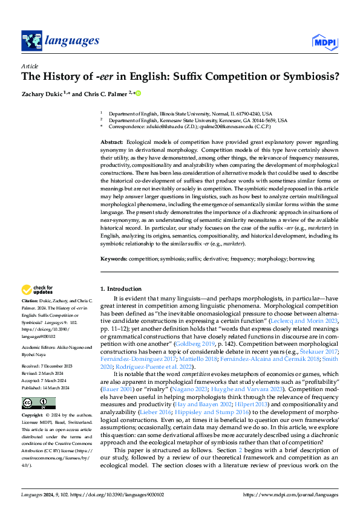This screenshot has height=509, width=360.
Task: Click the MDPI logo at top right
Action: (x=323, y=41)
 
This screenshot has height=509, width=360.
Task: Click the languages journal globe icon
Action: (x=30, y=41)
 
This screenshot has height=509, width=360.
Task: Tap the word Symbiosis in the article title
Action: (x=309, y=77)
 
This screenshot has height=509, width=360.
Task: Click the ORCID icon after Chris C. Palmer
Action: (x=138, y=93)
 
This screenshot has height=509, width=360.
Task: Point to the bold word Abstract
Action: (x=112, y=140)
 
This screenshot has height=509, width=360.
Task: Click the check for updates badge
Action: (x=38, y=290)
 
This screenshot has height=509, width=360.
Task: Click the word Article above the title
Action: (x=29, y=65)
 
